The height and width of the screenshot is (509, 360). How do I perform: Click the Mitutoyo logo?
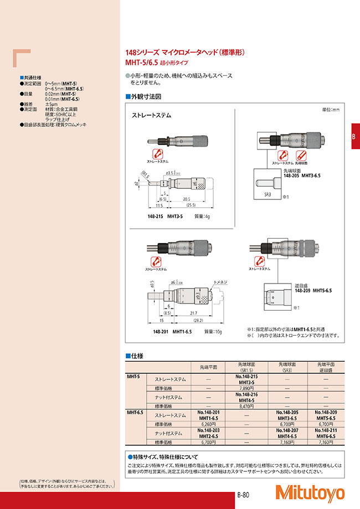coord(317,493)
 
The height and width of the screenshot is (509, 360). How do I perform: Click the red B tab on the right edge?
coord(354,138)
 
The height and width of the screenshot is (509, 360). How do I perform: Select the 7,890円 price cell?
coord(246,389)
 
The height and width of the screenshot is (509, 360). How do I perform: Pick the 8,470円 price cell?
coord(246,406)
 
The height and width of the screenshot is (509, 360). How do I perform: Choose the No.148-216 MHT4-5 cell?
coord(246,397)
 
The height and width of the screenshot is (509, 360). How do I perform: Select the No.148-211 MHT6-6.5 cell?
coord(326,434)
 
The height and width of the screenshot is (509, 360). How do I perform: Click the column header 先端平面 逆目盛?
coord(326,367)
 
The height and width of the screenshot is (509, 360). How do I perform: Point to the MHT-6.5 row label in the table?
coord(135,412)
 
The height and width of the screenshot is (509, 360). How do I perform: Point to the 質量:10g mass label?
coord(213,331)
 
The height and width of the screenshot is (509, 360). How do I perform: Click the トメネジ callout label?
coord(222,282)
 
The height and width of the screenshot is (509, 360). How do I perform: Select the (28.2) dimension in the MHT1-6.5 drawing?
coord(197,320)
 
